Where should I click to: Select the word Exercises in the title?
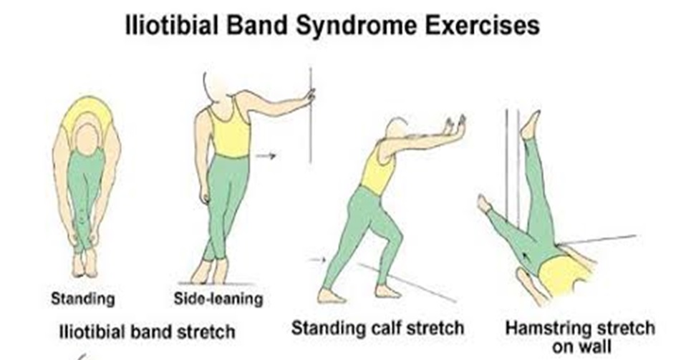pyautogui.click(x=482, y=25)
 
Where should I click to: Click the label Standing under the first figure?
pyautogui.click(x=83, y=299)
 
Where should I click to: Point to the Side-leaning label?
pyautogui.click(x=218, y=298)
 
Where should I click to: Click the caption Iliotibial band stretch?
pyautogui.click(x=147, y=332)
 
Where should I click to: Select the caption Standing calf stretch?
pyautogui.click(x=377, y=328)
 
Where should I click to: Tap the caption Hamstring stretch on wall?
pyautogui.click(x=580, y=337)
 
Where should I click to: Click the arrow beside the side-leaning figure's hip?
pyautogui.click(x=266, y=155)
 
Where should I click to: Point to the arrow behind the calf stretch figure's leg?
pyautogui.click(x=317, y=260)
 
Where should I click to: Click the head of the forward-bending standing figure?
pyautogui.click(x=87, y=139)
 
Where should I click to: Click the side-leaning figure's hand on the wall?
pyautogui.click(x=310, y=95)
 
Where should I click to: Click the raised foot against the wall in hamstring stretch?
pyautogui.click(x=531, y=125)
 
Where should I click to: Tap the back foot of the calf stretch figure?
pyautogui.click(x=331, y=296)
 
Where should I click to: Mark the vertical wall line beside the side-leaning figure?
pyautogui.click(x=311, y=115)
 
